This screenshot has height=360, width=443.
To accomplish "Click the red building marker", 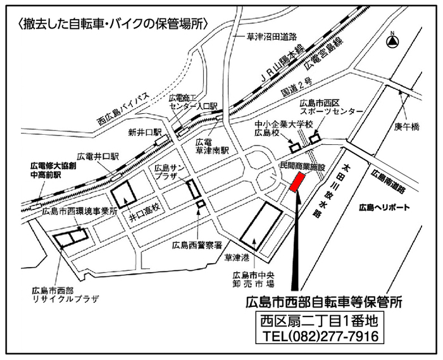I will coord(296,182).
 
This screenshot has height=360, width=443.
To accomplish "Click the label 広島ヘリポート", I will coord(384,207).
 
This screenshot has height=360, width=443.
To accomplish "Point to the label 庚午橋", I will coord(407,126).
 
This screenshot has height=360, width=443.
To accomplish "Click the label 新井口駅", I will coord(145,132).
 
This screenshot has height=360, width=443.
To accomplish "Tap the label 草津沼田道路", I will coord(272,37).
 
